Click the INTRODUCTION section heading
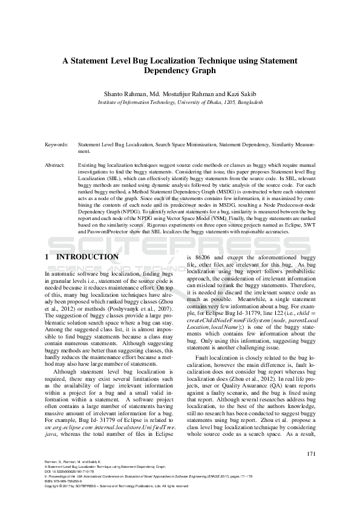click(87, 257)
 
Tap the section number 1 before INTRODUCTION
click(47, 257)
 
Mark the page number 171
click(312, 454)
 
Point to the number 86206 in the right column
click(200, 258)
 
